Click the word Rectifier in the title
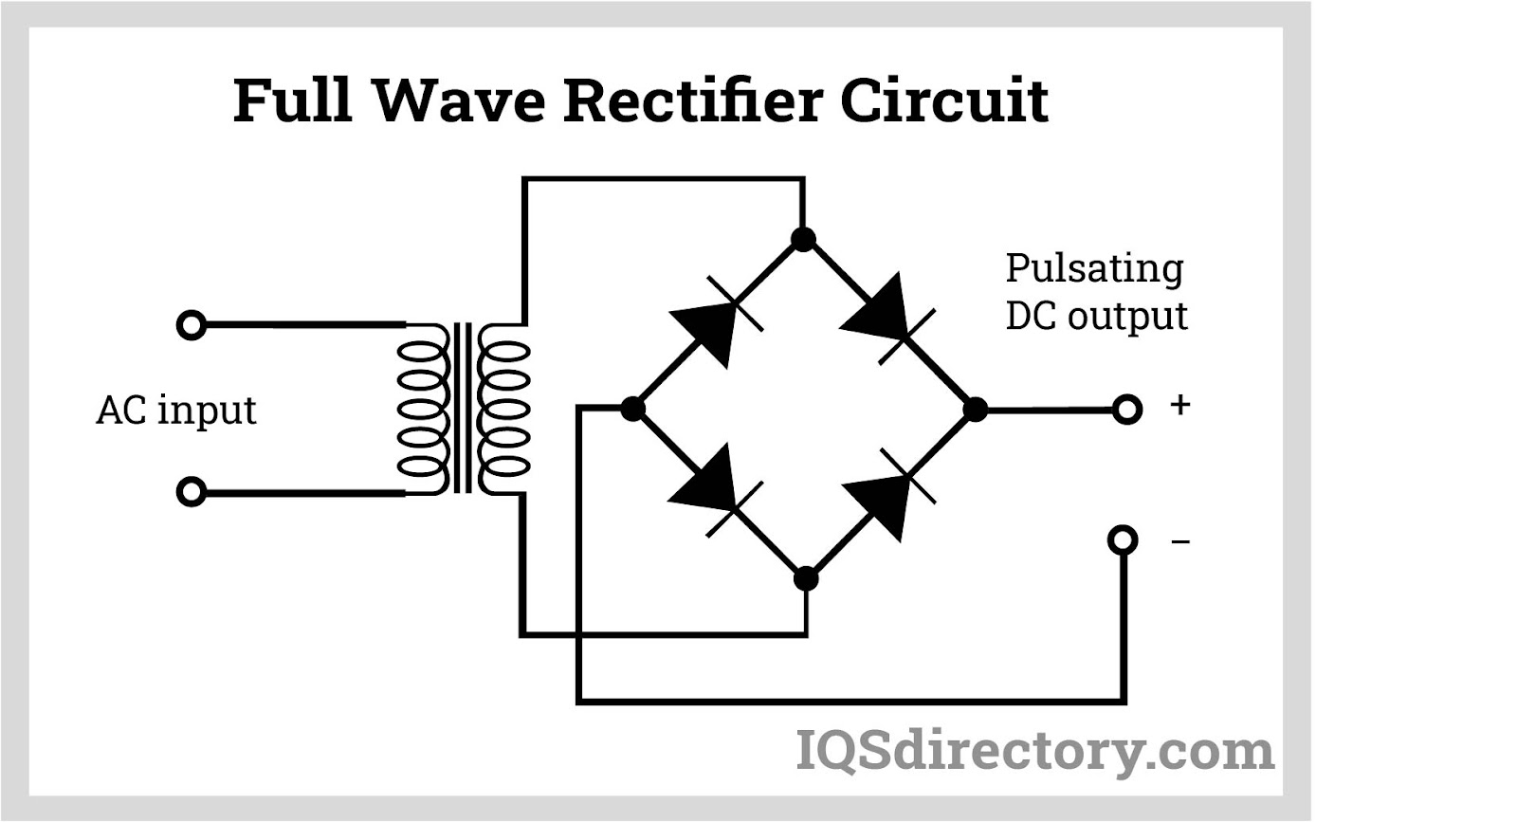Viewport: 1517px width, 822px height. (x=692, y=100)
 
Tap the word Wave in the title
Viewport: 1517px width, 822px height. (x=459, y=100)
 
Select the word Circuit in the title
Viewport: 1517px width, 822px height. (x=944, y=100)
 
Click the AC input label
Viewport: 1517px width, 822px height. (x=176, y=410)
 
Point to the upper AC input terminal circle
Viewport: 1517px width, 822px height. (x=191, y=325)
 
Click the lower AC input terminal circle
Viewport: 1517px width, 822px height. (x=191, y=492)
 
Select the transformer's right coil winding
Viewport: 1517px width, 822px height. (x=504, y=409)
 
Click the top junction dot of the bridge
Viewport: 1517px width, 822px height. (x=803, y=239)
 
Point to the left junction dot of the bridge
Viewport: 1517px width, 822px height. (x=633, y=409)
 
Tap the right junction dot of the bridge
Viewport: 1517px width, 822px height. (x=975, y=410)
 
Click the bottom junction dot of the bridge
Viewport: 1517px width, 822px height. (x=805, y=577)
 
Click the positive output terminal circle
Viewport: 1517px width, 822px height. (x=1126, y=410)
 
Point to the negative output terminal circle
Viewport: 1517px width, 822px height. (x=1123, y=539)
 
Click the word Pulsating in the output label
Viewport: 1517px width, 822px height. (x=1094, y=268)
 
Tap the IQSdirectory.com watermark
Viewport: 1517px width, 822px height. (x=1034, y=751)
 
